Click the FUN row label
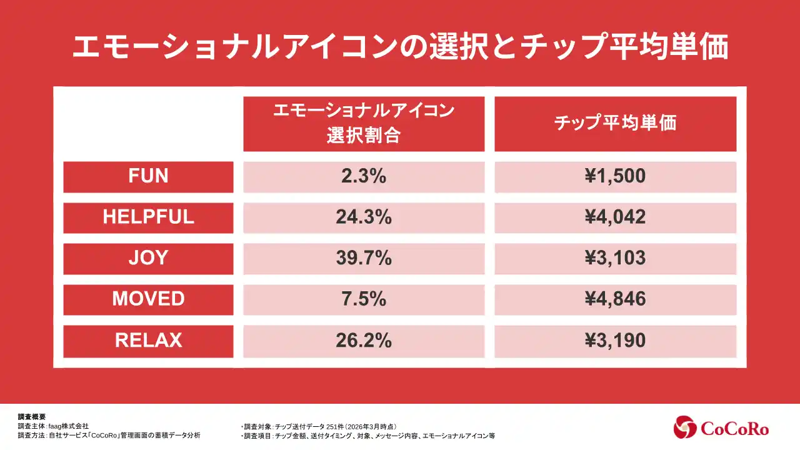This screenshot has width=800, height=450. tap(148, 176)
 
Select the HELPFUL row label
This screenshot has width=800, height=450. tap(148, 217)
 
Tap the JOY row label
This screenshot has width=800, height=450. tap(148, 258)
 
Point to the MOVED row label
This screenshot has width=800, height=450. tap(148, 299)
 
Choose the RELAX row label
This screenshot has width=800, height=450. tap(148, 341)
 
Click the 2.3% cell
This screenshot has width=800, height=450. tap(364, 176)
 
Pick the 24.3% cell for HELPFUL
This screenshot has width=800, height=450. tap(364, 217)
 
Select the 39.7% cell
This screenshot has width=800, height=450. tap(364, 258)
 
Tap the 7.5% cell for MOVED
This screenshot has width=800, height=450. tap(364, 299)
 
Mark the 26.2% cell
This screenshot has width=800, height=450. tap(364, 341)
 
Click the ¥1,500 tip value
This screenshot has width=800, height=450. tap(615, 176)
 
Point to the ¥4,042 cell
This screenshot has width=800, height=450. tap(615, 217)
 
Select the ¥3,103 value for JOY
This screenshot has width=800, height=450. tap(615, 258)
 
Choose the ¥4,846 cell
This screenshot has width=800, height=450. tap(615, 299)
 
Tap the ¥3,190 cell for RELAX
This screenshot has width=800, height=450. tap(615, 341)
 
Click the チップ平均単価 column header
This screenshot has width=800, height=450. tap(615, 123)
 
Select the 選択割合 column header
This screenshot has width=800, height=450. tap(364, 123)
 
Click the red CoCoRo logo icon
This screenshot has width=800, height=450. tap(685, 427)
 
